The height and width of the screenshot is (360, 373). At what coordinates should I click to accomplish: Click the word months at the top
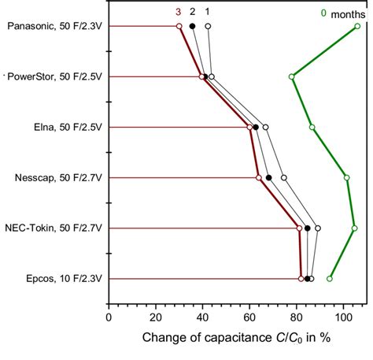click(x=348, y=13)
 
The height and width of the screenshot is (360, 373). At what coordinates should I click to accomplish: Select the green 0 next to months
click(x=323, y=13)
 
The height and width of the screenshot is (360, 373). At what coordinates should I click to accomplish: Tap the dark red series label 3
click(x=179, y=12)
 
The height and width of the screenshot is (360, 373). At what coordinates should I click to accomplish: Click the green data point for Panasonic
click(x=357, y=26)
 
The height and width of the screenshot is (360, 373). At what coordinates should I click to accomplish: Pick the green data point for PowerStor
click(x=292, y=76)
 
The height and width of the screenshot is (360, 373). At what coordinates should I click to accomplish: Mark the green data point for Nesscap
click(x=347, y=177)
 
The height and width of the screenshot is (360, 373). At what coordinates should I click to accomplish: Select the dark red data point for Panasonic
click(x=179, y=26)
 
